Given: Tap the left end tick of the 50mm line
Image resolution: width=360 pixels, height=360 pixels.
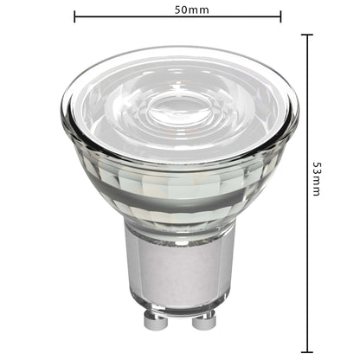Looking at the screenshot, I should (x=75, y=16).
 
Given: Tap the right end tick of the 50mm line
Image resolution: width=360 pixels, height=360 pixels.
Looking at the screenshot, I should (x=280, y=16).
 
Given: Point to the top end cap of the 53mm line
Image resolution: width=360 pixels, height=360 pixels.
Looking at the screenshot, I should (x=306, y=35).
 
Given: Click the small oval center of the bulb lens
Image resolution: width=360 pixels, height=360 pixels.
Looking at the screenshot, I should (x=182, y=112).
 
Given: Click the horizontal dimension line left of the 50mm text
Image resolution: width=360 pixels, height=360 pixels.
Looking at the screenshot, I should (x=121, y=16).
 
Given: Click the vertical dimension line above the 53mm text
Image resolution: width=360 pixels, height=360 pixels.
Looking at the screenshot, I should (x=306, y=95).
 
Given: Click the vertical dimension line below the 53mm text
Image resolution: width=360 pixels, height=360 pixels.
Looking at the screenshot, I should (x=306, y=277).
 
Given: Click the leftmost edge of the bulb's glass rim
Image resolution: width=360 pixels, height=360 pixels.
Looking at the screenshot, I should (x=62, y=112).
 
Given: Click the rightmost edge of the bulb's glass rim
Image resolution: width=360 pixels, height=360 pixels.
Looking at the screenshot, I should (x=298, y=112).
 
